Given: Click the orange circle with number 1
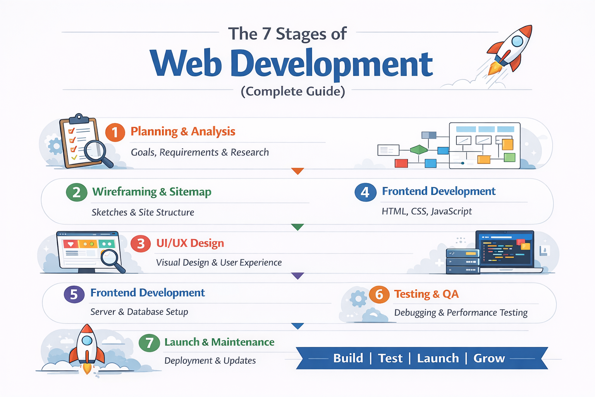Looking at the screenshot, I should [115, 133].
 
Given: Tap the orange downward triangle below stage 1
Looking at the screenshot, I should [297, 171].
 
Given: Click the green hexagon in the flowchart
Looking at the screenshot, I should [419, 149].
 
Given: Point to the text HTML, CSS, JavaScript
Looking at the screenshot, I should [426, 211].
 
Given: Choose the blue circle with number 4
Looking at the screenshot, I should [365, 192].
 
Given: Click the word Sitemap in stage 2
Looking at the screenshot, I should [190, 192].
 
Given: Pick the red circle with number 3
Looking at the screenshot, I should [141, 243].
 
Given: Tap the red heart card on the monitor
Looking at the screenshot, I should [71, 244].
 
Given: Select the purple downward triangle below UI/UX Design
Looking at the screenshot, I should [297, 276].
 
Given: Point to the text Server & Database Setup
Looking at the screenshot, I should [139, 312].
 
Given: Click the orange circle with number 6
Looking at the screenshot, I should [379, 295].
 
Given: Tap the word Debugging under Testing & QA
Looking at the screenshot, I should [415, 312].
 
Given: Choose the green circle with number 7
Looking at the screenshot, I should [149, 343].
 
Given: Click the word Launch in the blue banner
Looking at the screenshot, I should [438, 358].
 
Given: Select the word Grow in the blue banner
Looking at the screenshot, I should [489, 358].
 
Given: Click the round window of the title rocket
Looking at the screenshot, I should [517, 41].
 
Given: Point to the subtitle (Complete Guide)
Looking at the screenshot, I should [293, 91].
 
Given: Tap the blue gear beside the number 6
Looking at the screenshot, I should [358, 299].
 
